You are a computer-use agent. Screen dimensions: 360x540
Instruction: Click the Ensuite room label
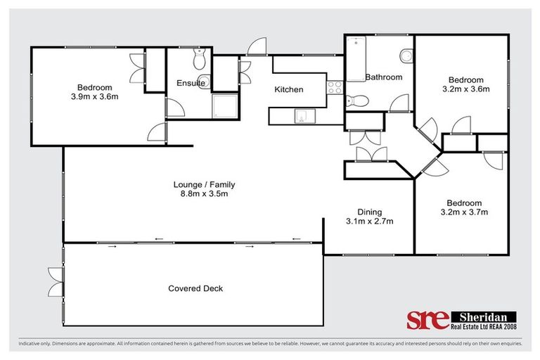point(191,83)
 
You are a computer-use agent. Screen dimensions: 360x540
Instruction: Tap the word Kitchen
point(288,89)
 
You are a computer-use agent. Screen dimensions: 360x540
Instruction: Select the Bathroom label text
point(383,77)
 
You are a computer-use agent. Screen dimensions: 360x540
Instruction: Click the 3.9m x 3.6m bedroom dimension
point(94,96)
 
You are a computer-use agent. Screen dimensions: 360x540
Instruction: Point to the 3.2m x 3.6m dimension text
point(465,89)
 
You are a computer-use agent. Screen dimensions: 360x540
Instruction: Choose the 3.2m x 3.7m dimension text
point(464,212)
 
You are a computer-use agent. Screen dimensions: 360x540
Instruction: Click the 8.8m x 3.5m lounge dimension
point(204,194)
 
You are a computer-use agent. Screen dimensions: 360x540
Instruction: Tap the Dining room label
point(368,212)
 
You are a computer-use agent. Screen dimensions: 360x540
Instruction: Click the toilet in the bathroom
point(356,100)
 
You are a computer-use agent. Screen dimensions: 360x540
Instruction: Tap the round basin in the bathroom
point(406,56)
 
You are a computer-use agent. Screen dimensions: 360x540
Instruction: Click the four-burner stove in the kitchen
point(335,89)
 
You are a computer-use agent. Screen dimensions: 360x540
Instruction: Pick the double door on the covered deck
point(55,282)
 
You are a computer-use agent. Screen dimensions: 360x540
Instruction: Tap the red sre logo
point(427,319)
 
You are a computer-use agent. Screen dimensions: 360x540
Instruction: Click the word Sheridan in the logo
point(483,317)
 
